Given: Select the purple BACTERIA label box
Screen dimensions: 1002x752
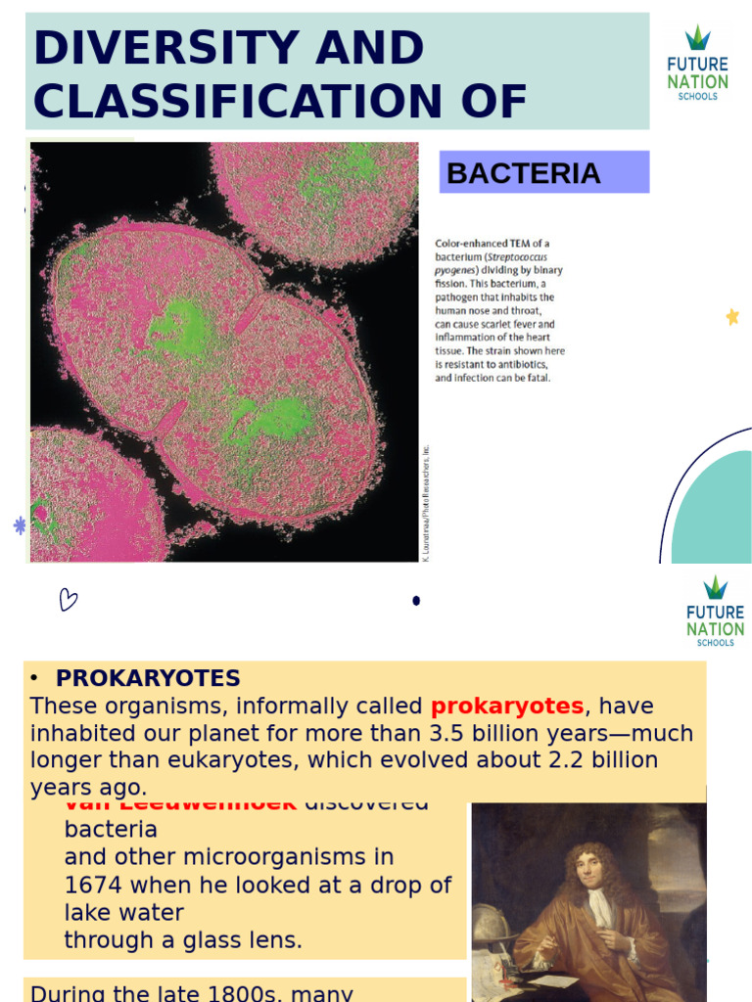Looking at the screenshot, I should pos(543,172).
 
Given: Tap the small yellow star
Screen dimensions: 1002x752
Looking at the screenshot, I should pos(731,316).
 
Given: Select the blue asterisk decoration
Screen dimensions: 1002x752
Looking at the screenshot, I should pos(20,525).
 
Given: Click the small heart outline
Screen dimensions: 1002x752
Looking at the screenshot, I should pos(68,599).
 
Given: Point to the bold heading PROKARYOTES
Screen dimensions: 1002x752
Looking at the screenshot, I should pos(148,678).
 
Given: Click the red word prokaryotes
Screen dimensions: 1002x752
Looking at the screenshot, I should pos(507,706).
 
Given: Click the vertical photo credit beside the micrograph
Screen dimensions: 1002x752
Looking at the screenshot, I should pos(426,504).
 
